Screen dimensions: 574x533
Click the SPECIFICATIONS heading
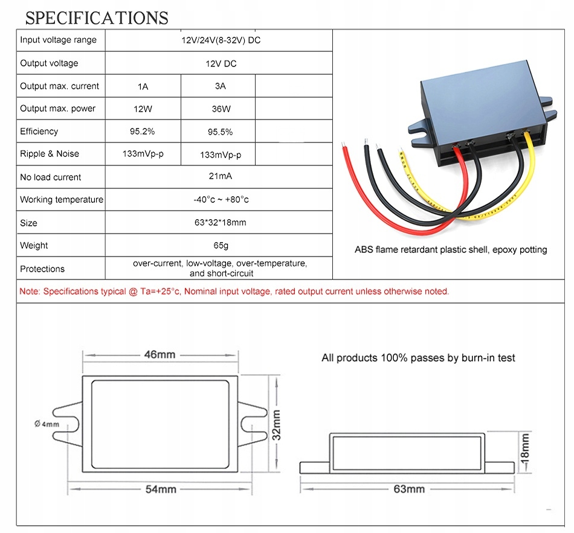(97, 18)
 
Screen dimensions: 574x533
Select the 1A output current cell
(143, 86)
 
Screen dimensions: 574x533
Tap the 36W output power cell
(220, 109)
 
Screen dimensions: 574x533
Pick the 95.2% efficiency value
(143, 131)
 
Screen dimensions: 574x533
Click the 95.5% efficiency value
(220, 132)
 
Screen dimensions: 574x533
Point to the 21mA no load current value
(219, 176)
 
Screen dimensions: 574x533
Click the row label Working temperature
(62, 200)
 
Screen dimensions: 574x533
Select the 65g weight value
(219, 246)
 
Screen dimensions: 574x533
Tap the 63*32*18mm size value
(219, 223)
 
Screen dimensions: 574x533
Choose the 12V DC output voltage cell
(219, 63)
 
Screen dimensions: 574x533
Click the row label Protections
(42, 269)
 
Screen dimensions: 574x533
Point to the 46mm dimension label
(159, 354)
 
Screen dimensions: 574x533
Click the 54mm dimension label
(160, 489)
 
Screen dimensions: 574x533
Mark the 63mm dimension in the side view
(409, 489)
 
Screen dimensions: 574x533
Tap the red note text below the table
(234, 292)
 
